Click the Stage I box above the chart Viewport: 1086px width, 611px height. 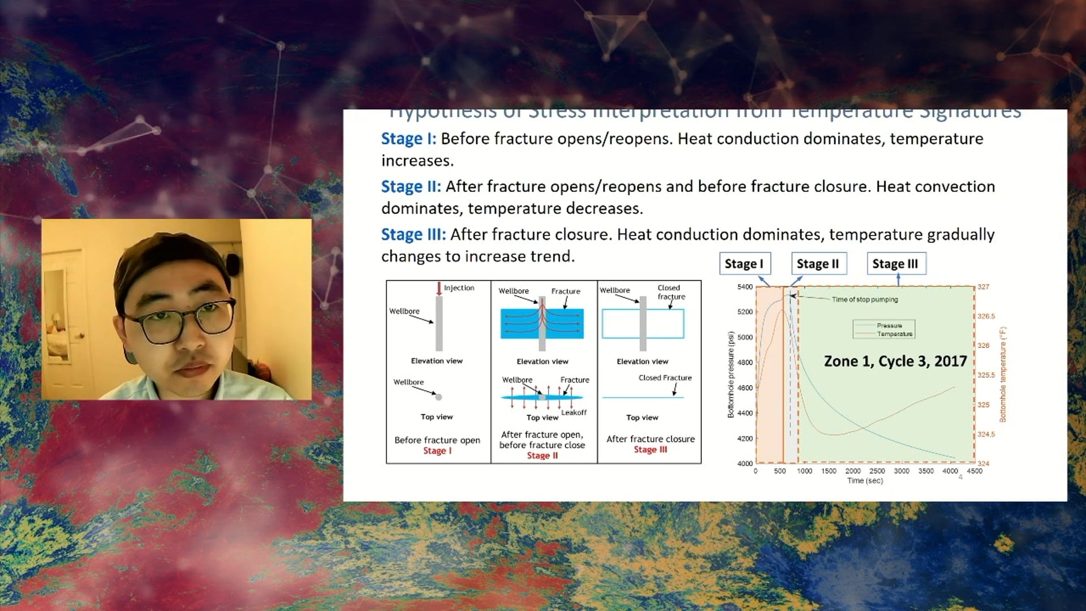pyautogui.click(x=744, y=264)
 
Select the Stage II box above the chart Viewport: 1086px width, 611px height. pyautogui.click(x=818, y=264)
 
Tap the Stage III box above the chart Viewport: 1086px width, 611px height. pyautogui.click(x=895, y=264)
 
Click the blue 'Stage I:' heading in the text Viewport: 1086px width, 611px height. pyautogui.click(x=408, y=139)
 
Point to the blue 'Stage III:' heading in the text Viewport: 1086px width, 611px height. pyautogui.click(x=413, y=234)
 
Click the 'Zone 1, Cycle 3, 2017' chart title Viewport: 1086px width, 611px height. pyautogui.click(x=895, y=361)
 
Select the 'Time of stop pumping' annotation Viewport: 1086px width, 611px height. pyautogui.click(x=864, y=299)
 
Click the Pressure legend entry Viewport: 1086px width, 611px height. pyautogui.click(x=889, y=325)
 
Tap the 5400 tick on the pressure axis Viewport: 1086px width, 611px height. pyautogui.click(x=744, y=287)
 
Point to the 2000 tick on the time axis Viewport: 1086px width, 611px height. pyautogui.click(x=852, y=471)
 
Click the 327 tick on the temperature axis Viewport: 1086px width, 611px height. pyautogui.click(x=984, y=287)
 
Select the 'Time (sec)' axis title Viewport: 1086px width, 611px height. pyautogui.click(x=864, y=480)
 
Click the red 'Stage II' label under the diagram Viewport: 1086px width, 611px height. pyautogui.click(x=542, y=455)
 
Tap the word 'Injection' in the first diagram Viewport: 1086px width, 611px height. pyautogui.click(x=459, y=288)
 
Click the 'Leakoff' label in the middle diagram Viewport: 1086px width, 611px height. pyautogui.click(x=574, y=412)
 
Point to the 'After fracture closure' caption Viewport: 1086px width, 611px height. pyautogui.click(x=650, y=438)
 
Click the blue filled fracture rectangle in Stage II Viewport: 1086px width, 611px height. pyautogui.click(x=515, y=324)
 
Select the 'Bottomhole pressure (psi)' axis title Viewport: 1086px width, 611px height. pyautogui.click(x=731, y=375)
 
